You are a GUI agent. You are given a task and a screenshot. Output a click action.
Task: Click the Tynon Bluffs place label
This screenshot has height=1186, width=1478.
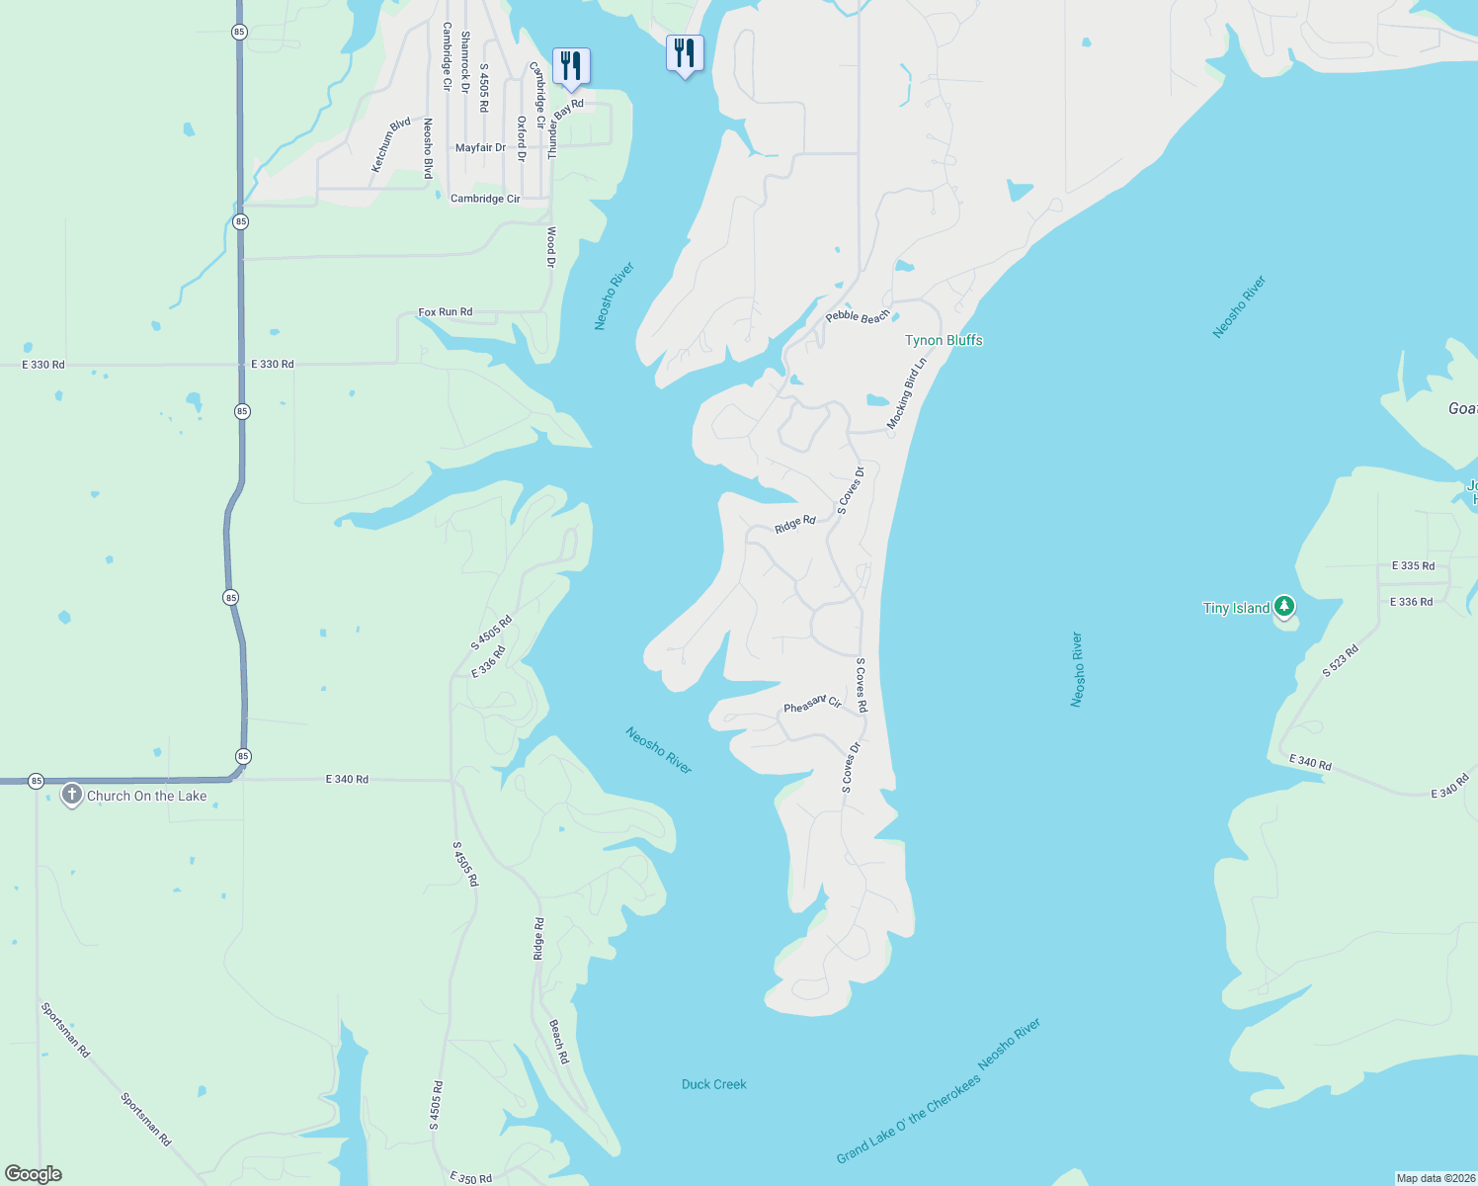944,340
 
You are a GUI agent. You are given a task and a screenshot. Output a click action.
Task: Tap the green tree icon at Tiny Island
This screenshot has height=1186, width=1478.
1283,606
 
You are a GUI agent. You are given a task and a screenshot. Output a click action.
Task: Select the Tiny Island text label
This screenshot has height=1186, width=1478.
1236,608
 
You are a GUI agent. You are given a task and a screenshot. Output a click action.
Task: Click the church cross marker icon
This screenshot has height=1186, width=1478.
71,795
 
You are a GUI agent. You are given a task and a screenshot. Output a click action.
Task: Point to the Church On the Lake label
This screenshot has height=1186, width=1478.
147,796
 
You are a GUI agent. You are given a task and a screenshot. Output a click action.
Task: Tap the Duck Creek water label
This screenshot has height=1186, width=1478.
714,1084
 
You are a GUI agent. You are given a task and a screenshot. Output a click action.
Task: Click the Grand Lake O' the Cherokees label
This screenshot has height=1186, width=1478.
909,1118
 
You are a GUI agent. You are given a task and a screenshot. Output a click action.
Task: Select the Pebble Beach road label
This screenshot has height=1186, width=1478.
858,316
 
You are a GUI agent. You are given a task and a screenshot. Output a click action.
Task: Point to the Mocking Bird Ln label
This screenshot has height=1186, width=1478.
907,393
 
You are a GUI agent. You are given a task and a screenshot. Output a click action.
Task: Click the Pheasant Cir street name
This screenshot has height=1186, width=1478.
812,704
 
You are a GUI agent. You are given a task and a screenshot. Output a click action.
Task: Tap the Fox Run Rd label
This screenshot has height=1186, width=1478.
446,312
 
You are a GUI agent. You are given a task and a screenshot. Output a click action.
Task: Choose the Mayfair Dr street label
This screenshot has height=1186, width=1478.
480,148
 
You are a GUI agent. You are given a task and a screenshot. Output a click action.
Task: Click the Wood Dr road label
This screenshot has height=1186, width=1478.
551,247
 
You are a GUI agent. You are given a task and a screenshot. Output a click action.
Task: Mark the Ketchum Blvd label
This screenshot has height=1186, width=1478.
391,145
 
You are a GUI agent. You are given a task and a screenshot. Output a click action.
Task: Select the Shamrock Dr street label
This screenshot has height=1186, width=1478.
465,62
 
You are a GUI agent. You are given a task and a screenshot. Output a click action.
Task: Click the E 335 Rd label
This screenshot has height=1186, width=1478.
1413,566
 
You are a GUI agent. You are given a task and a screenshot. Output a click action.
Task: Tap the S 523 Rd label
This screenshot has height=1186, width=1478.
1341,661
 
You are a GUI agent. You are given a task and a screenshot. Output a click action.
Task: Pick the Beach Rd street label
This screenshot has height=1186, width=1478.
559,1042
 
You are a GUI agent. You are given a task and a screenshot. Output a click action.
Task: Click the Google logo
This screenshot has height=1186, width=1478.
34,1174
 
